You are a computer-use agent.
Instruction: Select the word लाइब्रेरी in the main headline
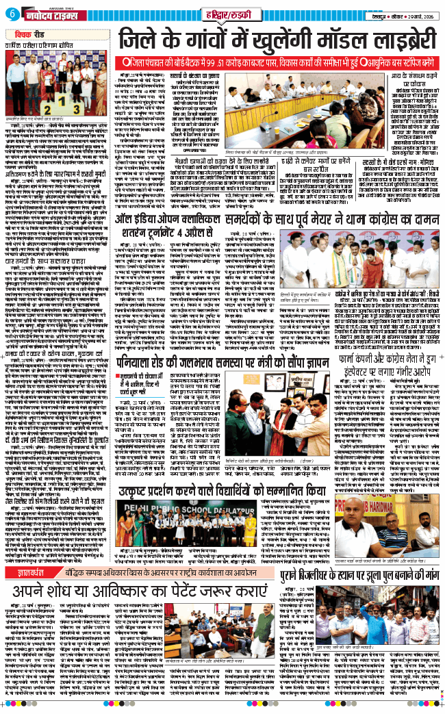[x=400, y=40]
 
